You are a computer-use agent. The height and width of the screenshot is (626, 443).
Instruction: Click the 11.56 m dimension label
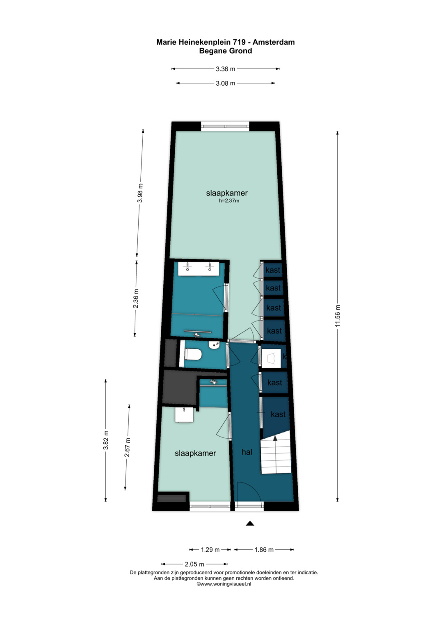[x=338, y=316]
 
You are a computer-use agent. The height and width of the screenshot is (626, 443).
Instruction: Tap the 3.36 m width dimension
[x=226, y=69]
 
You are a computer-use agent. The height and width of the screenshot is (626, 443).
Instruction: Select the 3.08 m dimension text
[x=226, y=83]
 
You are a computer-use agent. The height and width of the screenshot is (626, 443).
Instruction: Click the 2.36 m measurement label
[x=136, y=298]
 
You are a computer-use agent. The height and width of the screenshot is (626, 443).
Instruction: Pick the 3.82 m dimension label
[x=106, y=440]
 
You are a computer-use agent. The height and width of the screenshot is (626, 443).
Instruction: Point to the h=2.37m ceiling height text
[x=229, y=200]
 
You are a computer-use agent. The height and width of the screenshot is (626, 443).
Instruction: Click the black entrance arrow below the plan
[x=250, y=523]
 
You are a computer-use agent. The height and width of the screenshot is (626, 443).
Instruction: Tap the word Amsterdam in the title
[x=274, y=42]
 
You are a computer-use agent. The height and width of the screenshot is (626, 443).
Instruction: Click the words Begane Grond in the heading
[x=226, y=51]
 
